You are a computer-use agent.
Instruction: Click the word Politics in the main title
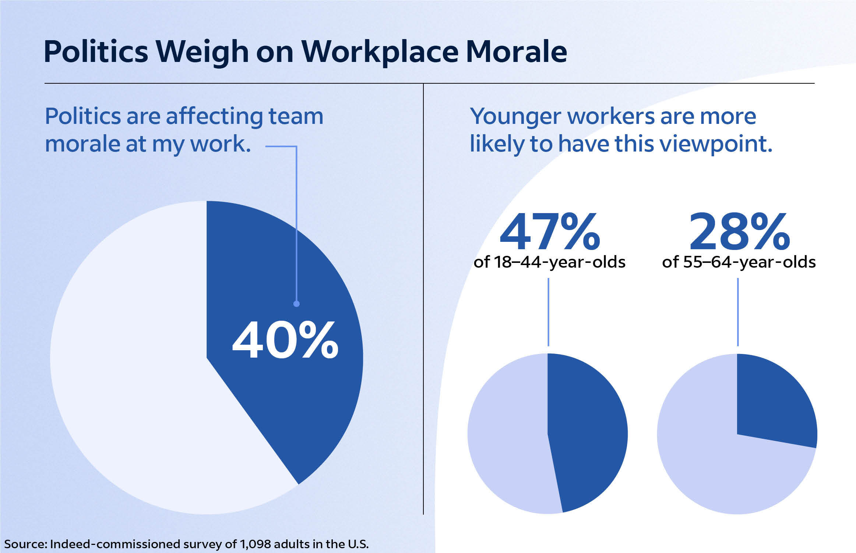point(96,52)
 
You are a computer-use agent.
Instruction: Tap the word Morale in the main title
point(516,52)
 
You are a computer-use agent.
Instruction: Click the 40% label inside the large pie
point(285,340)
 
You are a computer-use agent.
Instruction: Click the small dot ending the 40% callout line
point(296,304)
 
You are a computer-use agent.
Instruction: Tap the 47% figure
point(550,232)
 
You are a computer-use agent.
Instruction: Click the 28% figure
point(739,232)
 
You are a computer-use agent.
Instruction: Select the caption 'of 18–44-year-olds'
point(549,262)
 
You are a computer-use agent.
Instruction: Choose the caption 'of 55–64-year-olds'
point(739,262)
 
